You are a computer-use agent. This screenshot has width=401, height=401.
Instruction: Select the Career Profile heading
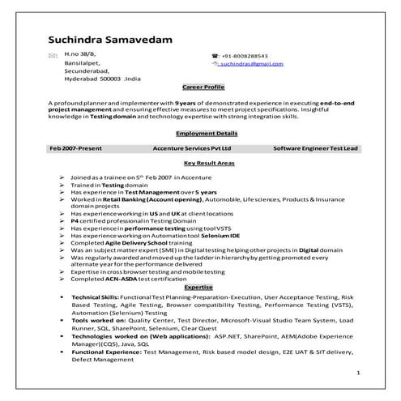click(x=203, y=85)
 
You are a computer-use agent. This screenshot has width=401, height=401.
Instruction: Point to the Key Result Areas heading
click(x=204, y=164)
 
